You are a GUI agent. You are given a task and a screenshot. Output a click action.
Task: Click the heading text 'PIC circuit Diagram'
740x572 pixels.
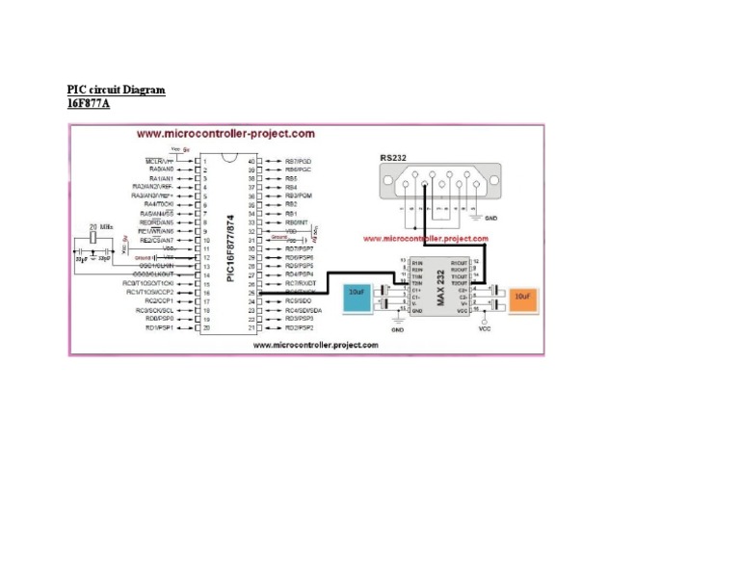tap(116, 90)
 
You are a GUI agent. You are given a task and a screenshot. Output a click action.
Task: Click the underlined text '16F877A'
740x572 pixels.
tap(88, 103)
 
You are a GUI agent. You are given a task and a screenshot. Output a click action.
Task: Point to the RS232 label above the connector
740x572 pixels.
tap(393, 158)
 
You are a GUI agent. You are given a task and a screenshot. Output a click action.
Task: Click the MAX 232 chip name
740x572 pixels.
tap(438, 285)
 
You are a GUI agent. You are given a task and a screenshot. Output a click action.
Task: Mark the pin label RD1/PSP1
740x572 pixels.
tap(160, 328)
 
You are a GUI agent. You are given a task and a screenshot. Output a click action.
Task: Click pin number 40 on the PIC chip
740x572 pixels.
tap(252, 161)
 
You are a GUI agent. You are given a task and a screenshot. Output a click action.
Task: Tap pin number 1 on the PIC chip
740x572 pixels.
tap(204, 161)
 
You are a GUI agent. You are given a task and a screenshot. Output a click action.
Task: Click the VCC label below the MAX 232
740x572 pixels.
tap(485, 328)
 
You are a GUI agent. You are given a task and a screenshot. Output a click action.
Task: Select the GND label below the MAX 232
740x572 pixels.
tap(397, 329)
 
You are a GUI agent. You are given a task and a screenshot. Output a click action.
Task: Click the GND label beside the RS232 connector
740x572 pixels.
tap(491, 219)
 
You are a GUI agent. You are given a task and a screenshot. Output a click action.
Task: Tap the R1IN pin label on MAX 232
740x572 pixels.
tap(417, 262)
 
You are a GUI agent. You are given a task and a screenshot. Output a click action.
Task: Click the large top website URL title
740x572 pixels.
tap(225, 134)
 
